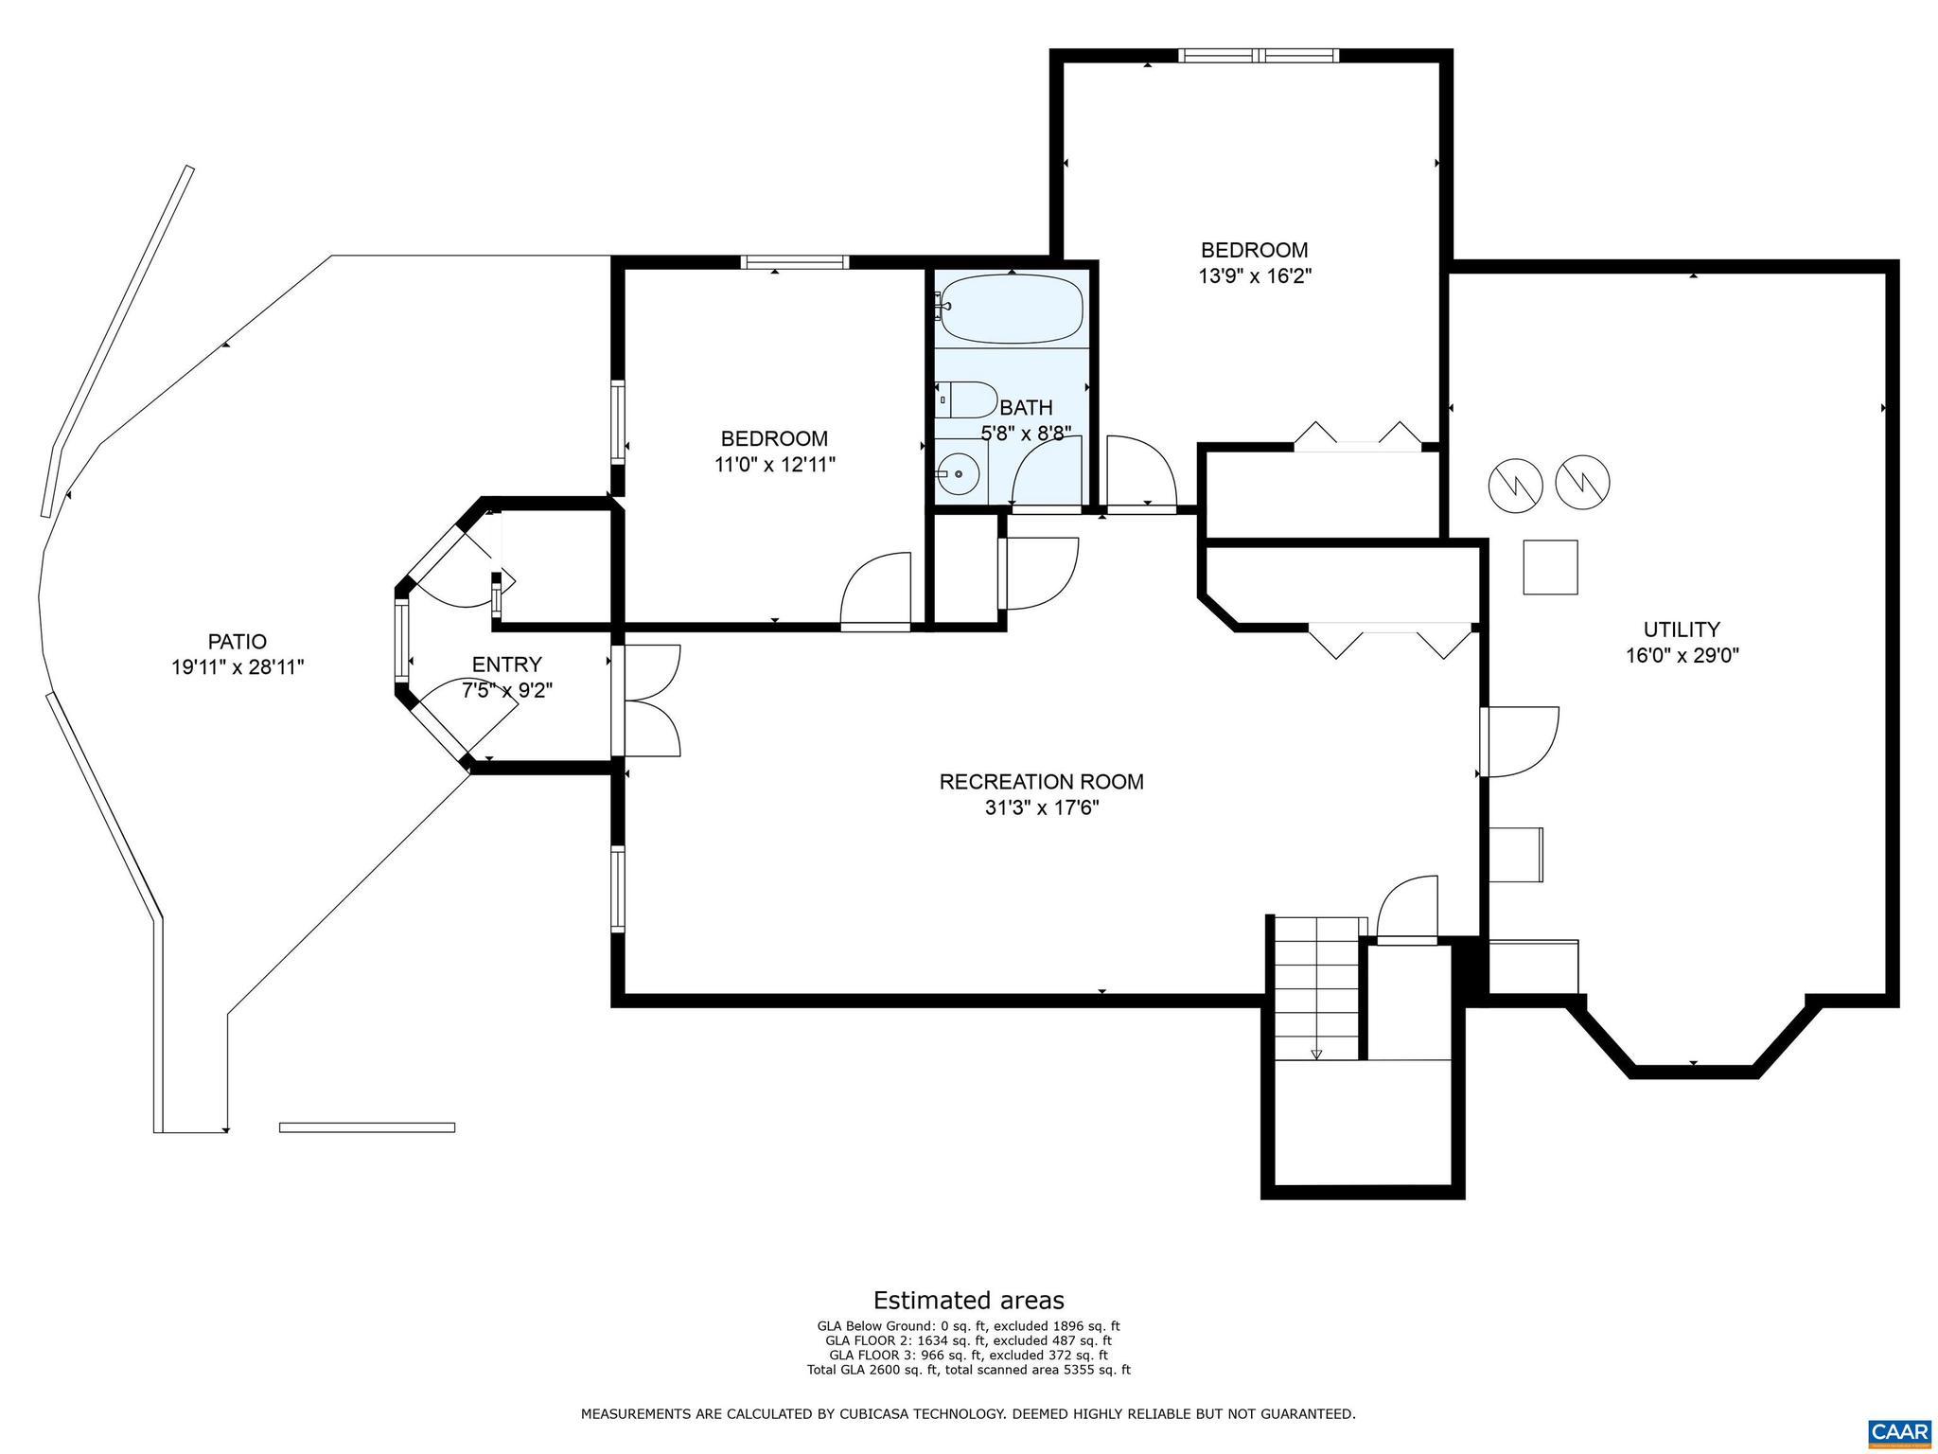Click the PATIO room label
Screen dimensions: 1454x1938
(x=237, y=641)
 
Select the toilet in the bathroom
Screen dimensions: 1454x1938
(x=967, y=400)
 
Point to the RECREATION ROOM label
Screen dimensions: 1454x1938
(x=1041, y=782)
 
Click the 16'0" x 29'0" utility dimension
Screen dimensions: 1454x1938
(x=1682, y=656)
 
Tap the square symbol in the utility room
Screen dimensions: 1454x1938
(x=1550, y=567)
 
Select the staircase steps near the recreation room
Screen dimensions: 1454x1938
(x=1316, y=989)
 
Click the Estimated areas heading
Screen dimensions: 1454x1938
(x=968, y=1300)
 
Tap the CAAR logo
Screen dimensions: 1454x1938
(x=1899, y=1429)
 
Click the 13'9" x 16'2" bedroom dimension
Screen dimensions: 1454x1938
(x=1255, y=276)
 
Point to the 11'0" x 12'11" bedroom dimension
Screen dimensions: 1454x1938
(x=775, y=465)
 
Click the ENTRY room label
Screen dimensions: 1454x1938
(x=506, y=665)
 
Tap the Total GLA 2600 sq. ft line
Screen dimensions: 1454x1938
(x=968, y=1370)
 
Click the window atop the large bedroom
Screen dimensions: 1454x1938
(x=1259, y=56)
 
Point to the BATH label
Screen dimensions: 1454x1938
(x=1026, y=408)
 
